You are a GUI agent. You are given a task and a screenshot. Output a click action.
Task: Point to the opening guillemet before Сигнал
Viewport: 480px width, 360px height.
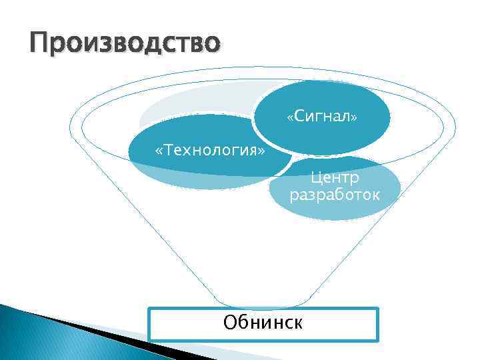[289, 118]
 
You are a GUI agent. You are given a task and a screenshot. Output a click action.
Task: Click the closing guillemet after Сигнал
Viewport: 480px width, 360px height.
[355, 118]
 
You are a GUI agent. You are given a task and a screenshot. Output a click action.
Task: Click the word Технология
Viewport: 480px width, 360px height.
[209, 149]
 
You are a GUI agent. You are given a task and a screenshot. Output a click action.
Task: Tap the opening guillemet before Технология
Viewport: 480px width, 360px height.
[158, 150]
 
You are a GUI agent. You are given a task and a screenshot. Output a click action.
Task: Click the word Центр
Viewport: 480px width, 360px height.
[335, 178]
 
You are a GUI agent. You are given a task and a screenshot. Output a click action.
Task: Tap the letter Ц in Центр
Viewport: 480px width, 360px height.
[315, 178]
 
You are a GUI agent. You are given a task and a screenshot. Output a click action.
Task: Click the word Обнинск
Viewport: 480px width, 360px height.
[263, 323]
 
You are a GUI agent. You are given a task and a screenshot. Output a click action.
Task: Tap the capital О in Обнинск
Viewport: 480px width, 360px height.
[230, 323]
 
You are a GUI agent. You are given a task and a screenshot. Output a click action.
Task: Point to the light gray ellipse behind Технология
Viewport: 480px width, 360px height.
[193, 107]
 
